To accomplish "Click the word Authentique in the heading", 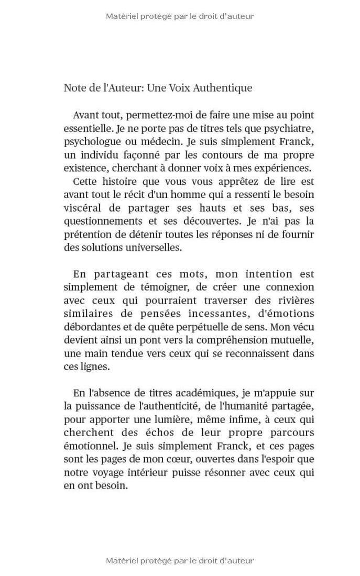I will coord(223,88).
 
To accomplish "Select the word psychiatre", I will coord(289,128).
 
